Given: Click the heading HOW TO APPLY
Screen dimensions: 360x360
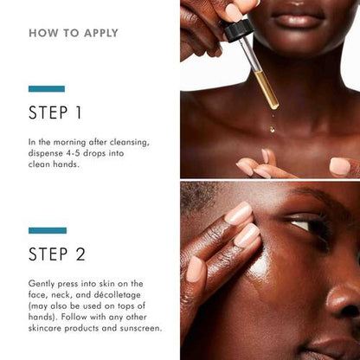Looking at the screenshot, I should click(74, 34).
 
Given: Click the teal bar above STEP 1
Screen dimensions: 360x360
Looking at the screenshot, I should click(46, 88).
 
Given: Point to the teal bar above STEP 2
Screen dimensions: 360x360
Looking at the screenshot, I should click(47, 230).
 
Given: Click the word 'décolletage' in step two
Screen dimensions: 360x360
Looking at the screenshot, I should click(125, 295).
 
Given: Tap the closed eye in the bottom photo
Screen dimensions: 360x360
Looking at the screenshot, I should click(303, 226).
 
